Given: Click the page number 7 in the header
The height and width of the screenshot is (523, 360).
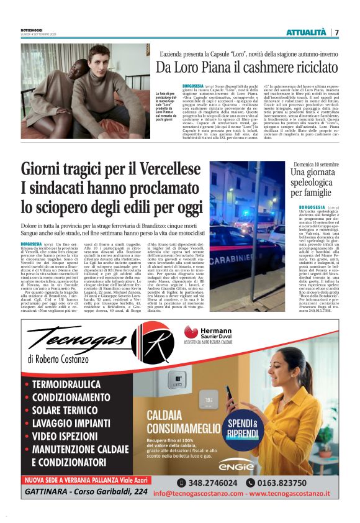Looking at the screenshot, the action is pyautogui.click(x=336, y=32).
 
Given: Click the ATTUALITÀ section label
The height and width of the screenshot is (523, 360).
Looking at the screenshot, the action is pyautogui.click(x=305, y=32).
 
